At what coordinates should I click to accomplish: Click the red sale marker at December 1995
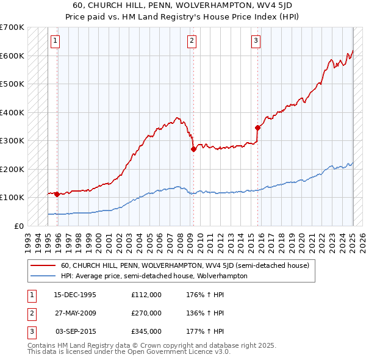click(57, 194)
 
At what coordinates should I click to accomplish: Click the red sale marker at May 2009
click(193, 148)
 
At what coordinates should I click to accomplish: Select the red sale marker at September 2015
click(257, 128)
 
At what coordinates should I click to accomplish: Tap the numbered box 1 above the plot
click(55, 41)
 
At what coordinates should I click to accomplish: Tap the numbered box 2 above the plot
click(192, 41)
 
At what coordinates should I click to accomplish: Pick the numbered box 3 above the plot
click(256, 41)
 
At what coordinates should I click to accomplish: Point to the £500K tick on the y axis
click(12, 84)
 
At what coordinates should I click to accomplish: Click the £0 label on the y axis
click(19, 226)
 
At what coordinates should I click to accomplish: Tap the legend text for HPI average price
click(154, 276)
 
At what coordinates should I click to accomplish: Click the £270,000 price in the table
click(146, 313)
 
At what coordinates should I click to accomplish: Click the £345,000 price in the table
click(146, 331)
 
